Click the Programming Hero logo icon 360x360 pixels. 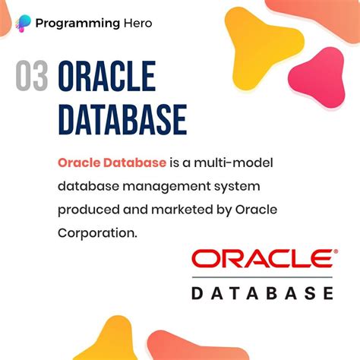(25, 23)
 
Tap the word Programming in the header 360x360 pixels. (80, 23)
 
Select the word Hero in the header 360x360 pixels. (137, 23)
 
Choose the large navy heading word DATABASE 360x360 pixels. (122, 119)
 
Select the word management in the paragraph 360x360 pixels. (156, 186)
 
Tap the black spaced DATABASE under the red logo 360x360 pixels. (262, 293)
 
